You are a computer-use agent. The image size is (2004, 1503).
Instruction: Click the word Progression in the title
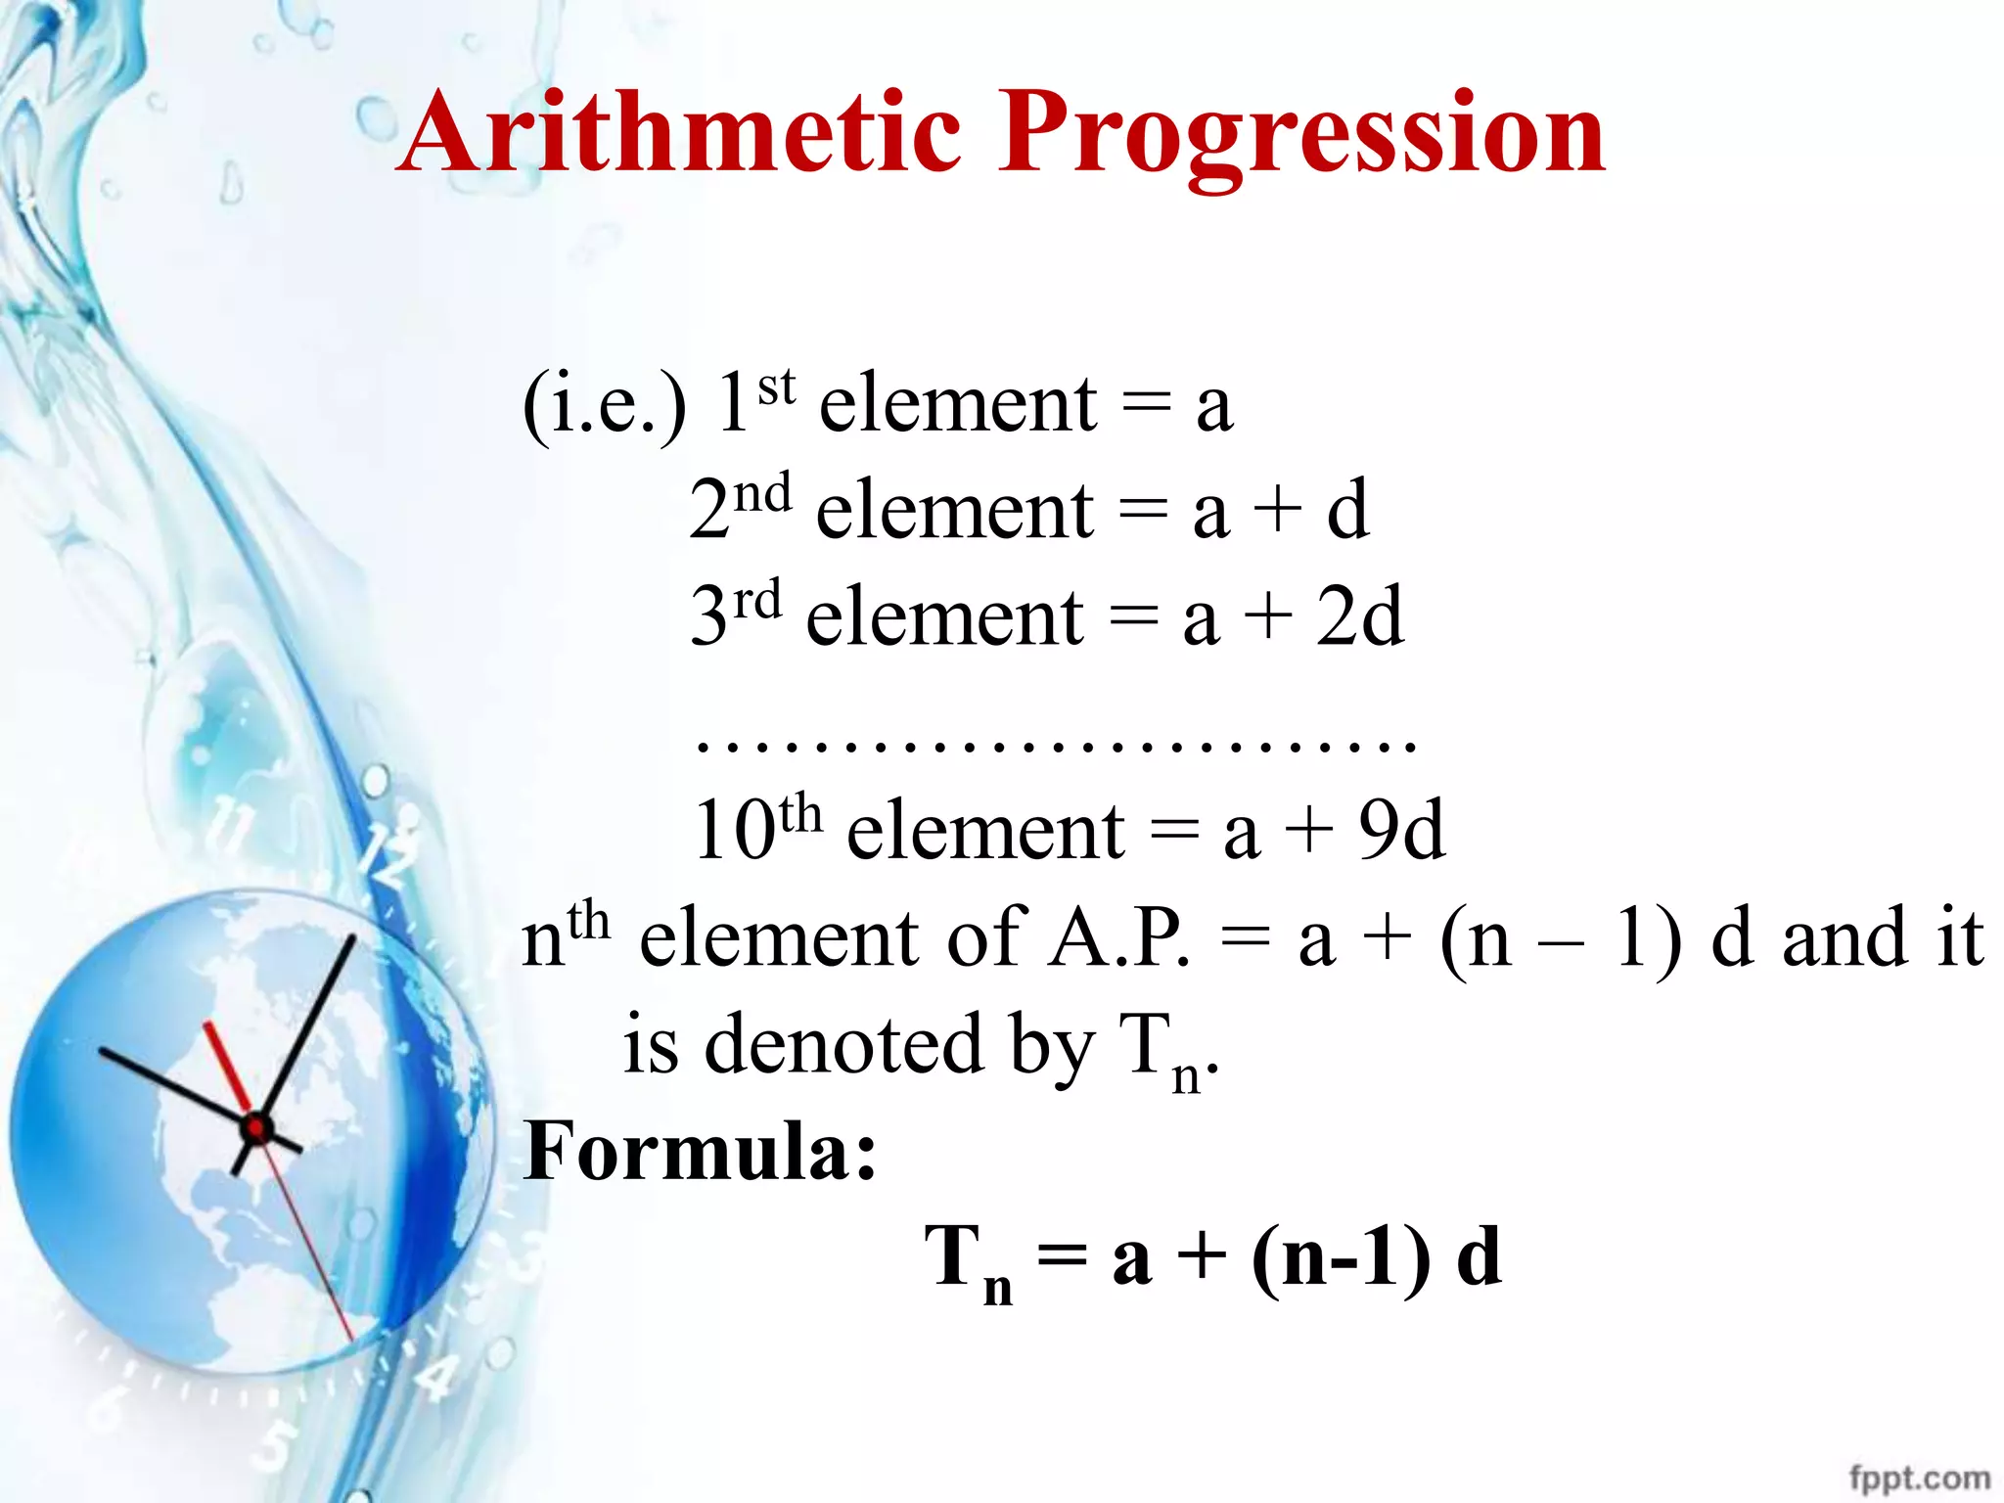(x=1301, y=137)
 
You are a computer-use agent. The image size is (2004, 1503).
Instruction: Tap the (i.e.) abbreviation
(x=604, y=405)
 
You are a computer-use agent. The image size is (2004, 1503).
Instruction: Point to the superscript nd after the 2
(x=763, y=493)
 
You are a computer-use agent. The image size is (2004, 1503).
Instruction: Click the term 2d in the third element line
(x=1359, y=616)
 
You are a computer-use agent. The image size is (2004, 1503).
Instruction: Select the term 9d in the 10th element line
(x=1401, y=830)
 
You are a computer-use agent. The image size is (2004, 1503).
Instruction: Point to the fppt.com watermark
(x=1919, y=1477)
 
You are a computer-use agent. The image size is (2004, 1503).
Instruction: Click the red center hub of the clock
(x=256, y=1128)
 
